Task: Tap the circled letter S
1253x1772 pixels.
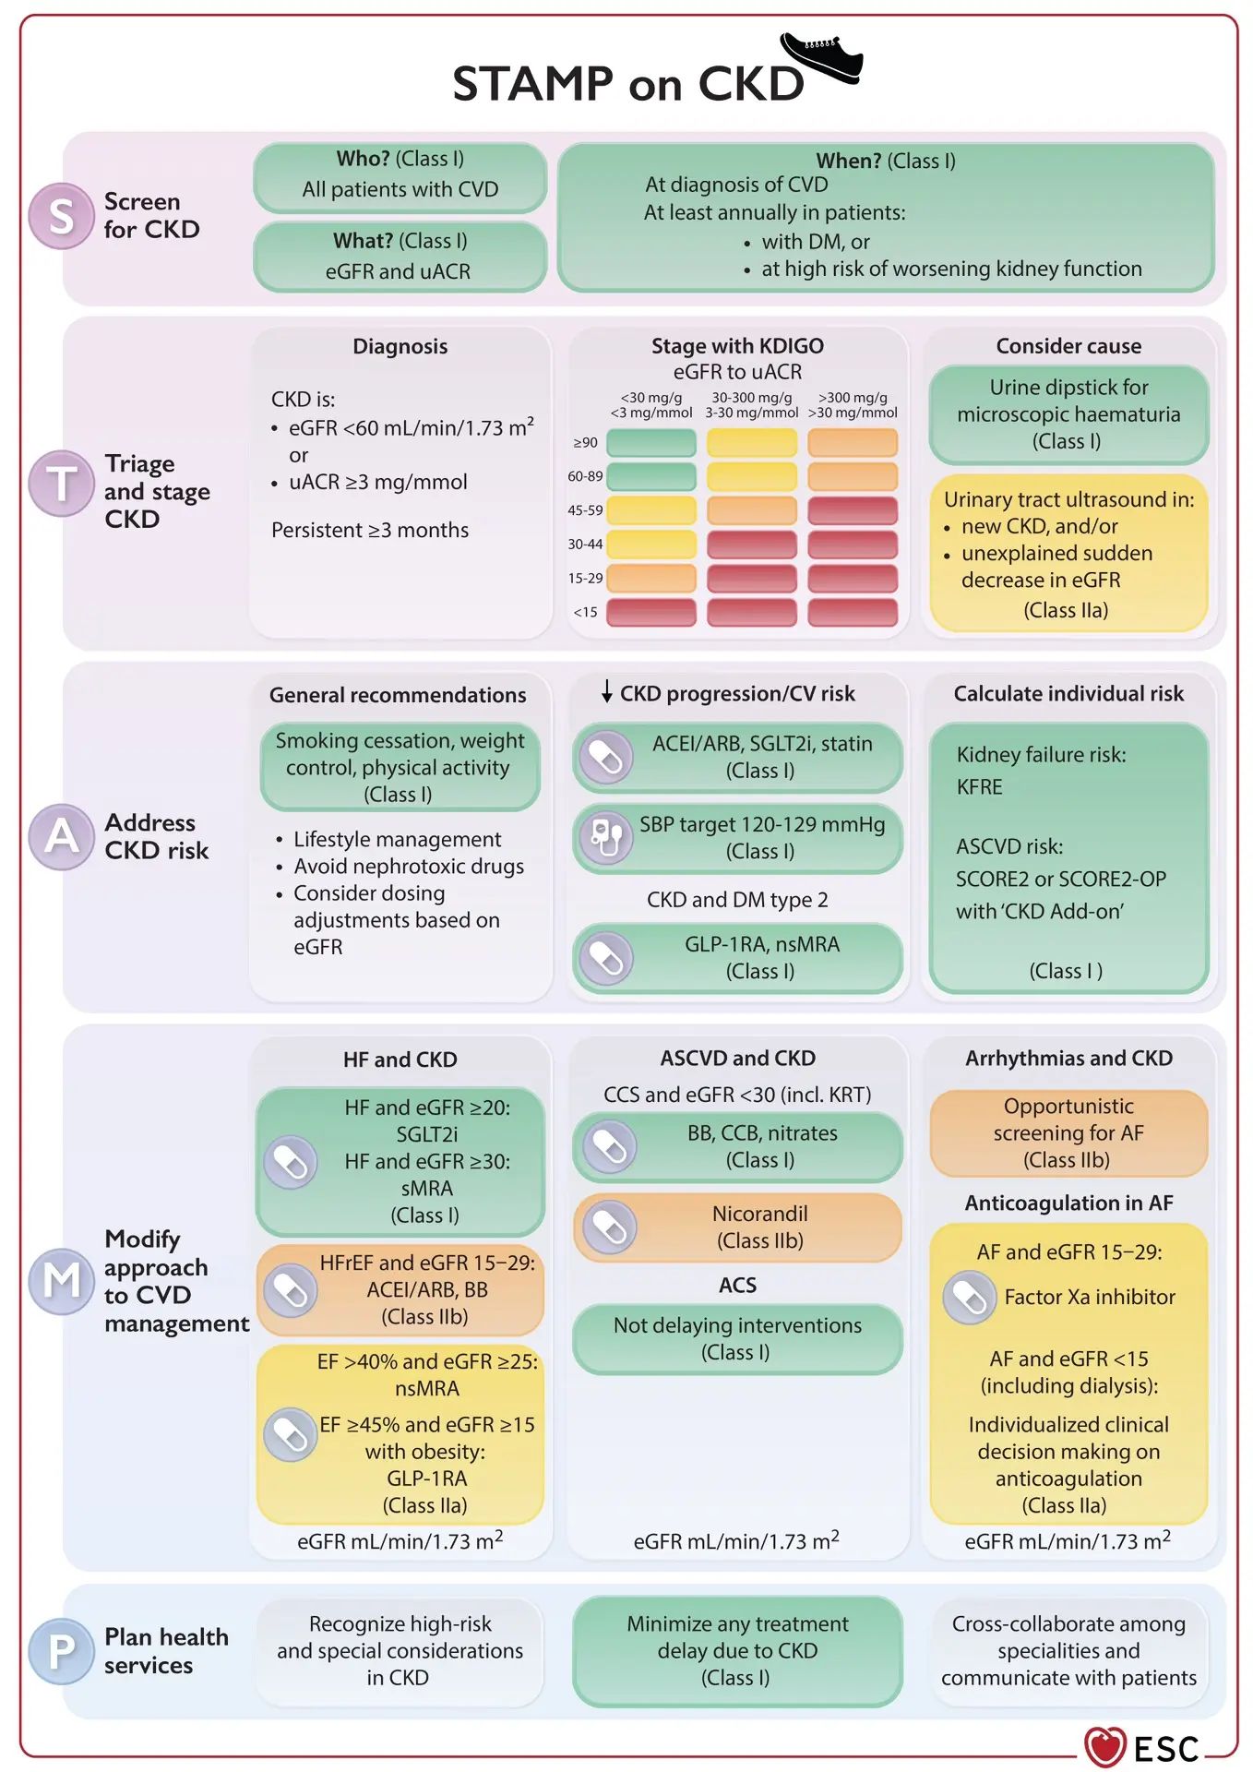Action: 61,216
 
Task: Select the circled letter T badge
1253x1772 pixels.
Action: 61,483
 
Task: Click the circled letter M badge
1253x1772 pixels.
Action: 61,1280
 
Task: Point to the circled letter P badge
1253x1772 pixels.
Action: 61,1650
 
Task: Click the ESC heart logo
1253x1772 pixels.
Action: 1104,1746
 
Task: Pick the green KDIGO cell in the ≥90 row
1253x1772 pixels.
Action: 651,442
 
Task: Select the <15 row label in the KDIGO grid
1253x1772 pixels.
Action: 585,612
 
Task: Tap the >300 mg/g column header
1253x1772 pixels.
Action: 853,405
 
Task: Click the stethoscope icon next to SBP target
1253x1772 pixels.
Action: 606,837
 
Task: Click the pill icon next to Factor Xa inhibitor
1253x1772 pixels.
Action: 969,1297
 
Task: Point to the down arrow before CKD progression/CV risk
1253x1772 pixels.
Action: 606,691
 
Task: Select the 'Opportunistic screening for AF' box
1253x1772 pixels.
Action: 1068,1133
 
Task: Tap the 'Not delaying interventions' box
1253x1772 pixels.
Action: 737,1338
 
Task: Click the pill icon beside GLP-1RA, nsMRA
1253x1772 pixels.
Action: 606,957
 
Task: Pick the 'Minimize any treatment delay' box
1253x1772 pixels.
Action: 737,1651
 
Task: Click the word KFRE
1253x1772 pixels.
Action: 980,787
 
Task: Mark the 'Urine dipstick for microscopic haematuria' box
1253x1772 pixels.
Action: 1068,414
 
